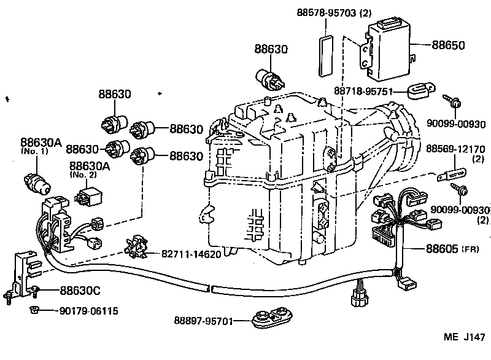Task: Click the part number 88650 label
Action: (x=448, y=45)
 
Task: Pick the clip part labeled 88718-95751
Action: (x=420, y=92)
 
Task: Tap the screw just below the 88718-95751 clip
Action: (x=455, y=103)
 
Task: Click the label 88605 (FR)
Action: (x=453, y=248)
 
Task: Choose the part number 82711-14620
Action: (x=191, y=254)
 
